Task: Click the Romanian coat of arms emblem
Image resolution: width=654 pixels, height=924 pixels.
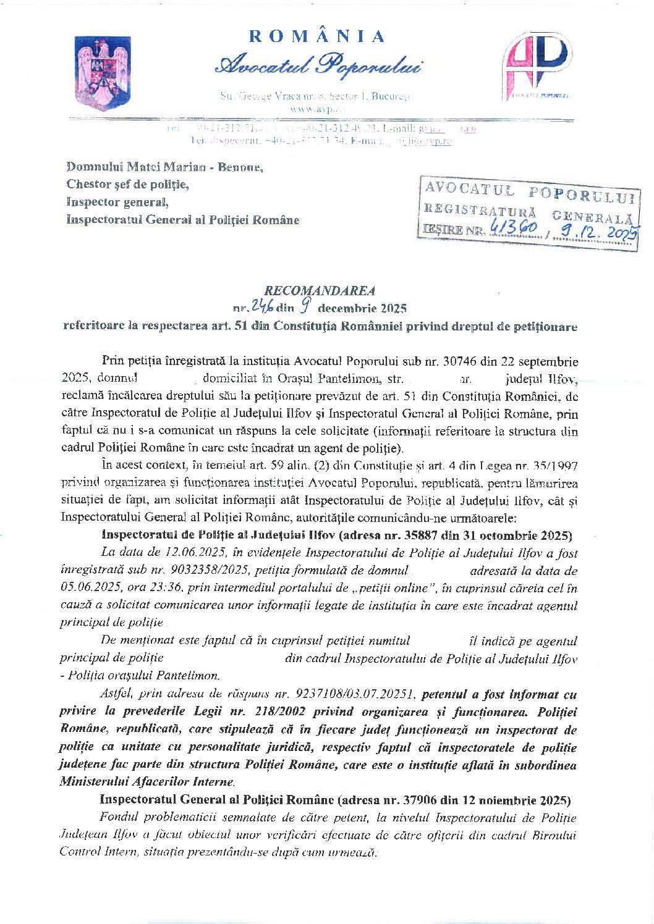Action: [103, 73]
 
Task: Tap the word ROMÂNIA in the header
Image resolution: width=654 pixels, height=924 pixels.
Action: [318, 36]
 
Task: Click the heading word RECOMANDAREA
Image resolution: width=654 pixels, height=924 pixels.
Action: [320, 290]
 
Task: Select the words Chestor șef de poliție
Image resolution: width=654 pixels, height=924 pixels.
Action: [128, 184]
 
